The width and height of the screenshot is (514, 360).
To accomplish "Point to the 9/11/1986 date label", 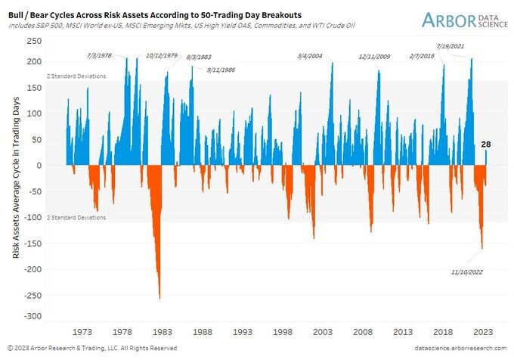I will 221,69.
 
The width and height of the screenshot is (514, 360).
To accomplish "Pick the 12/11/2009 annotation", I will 375,56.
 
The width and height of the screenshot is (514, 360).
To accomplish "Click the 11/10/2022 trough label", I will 467,272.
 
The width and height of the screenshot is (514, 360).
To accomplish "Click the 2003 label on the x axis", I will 323,331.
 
